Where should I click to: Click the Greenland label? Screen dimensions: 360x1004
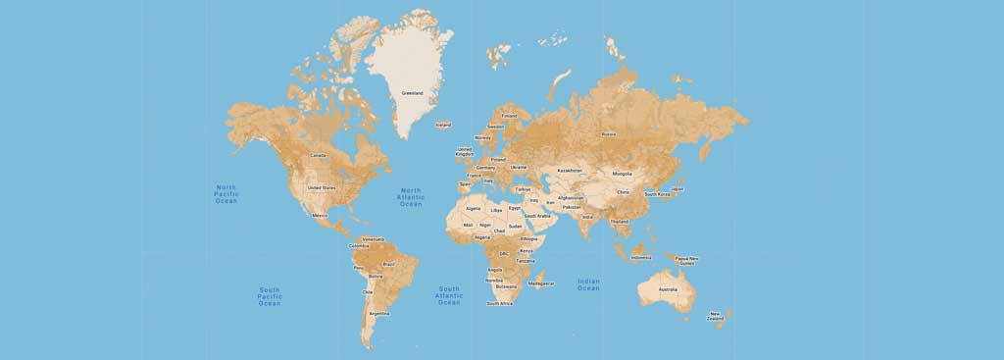coord(412,93)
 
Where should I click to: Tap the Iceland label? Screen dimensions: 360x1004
coord(443,125)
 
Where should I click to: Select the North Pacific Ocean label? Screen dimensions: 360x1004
coord(226,193)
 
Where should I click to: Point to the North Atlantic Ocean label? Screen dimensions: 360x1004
coord(411,197)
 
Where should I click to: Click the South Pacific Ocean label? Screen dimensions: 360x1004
coord(270,296)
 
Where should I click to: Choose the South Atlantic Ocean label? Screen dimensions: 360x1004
coord(449,295)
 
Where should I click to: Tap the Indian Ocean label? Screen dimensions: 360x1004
coord(588,284)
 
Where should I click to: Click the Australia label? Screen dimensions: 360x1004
coord(667,289)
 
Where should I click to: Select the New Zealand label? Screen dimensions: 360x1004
coord(716,316)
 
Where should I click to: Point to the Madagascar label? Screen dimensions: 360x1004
coord(541,283)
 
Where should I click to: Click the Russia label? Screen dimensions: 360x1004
coord(608,134)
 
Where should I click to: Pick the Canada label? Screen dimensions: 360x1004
coord(318,155)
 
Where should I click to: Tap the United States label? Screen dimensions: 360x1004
coord(322,187)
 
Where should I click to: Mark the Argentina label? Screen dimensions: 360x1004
coord(378,314)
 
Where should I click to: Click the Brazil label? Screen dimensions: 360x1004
coord(388,264)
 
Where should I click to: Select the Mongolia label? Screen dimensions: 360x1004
coord(622,174)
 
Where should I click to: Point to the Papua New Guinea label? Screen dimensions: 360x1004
coord(687,261)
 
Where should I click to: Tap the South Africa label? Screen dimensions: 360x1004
coord(499,303)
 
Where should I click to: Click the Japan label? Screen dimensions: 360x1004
coord(678,188)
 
